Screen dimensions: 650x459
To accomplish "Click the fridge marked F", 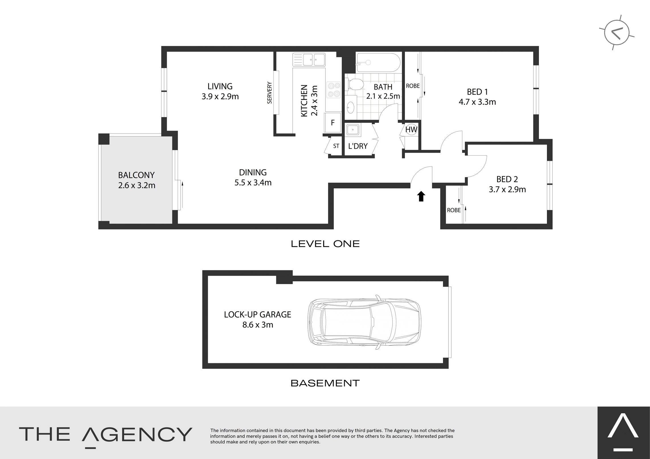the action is point(332,123).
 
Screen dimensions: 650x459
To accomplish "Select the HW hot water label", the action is point(411,130).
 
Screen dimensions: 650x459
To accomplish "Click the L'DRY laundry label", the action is point(358,146).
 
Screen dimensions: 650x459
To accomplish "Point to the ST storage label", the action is point(336,146).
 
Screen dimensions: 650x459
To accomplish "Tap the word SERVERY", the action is point(270,93).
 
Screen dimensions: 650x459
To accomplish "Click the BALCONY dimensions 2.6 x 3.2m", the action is point(137,186).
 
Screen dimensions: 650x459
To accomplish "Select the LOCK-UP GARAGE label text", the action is point(258,315).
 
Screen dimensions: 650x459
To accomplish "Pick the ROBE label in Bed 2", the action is point(454,210).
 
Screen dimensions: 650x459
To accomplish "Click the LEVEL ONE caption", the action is point(325,244).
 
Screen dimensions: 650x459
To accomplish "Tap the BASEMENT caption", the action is point(325,383).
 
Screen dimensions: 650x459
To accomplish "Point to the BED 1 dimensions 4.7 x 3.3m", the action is point(477,102).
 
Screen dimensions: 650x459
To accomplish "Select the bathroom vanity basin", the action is point(351,107).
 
